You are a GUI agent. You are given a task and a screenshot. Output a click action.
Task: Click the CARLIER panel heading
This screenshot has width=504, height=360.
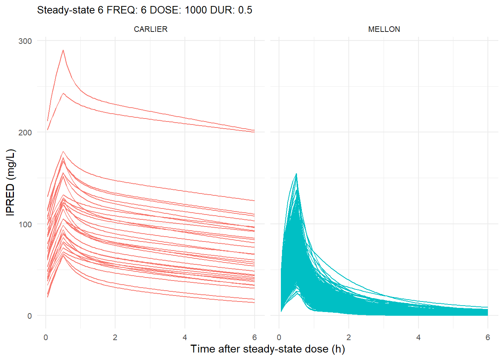(x=150, y=29)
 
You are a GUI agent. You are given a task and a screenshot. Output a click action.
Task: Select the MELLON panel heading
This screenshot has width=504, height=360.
(x=384, y=29)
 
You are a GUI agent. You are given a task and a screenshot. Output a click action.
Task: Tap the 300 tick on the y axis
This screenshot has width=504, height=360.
(x=25, y=41)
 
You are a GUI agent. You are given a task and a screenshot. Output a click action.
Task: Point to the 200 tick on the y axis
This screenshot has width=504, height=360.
(x=25, y=132)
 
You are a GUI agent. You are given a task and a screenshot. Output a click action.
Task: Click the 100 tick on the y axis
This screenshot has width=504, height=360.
(x=25, y=224)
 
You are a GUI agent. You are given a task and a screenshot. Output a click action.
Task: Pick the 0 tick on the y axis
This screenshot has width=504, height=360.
(x=29, y=316)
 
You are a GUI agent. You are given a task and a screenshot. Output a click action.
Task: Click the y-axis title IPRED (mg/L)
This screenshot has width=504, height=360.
(x=10, y=182)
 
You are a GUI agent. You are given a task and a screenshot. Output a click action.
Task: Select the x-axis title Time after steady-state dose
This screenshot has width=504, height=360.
(x=267, y=349)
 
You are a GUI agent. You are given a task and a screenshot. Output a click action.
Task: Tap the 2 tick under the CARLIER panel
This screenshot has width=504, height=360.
(x=115, y=337)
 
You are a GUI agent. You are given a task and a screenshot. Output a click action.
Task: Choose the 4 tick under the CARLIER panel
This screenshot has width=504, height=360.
(x=185, y=337)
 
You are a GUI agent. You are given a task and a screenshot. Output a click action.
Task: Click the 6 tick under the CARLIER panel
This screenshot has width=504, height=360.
(x=254, y=337)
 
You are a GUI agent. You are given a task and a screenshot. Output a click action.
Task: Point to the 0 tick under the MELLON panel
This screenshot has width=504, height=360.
(x=279, y=337)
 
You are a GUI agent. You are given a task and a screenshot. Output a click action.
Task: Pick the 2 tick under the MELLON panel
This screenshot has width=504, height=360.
(x=349, y=337)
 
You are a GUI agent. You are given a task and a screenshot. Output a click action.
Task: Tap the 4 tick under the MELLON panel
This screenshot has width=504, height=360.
(x=418, y=337)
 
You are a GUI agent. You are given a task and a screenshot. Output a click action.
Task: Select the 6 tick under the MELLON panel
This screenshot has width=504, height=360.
(x=487, y=337)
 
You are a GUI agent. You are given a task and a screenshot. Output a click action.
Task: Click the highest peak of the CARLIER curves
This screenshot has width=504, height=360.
(x=63, y=50)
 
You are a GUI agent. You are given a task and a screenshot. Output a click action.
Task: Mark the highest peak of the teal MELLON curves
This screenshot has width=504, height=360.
(x=296, y=174)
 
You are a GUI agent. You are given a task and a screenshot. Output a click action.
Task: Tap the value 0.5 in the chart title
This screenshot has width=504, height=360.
(x=245, y=10)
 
